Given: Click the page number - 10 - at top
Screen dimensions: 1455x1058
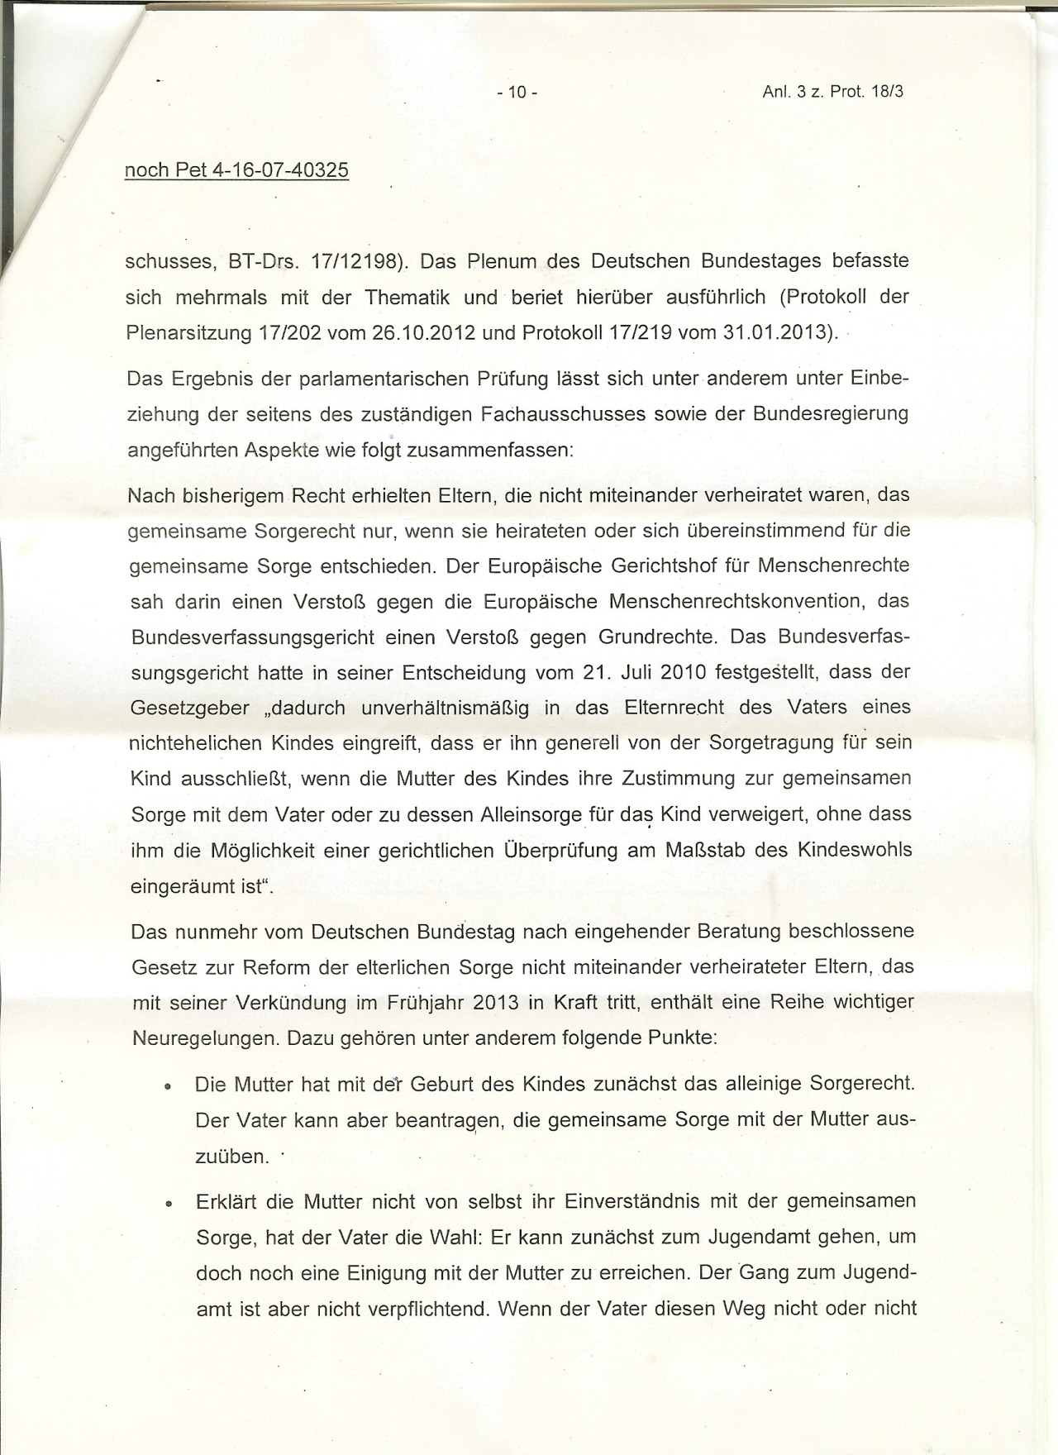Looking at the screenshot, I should tap(517, 93).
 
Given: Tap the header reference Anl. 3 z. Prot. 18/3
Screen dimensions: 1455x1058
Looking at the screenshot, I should tap(832, 92).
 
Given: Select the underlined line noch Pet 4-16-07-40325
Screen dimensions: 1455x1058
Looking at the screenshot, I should tap(236, 170).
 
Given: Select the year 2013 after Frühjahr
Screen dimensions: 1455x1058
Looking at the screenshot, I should tap(496, 1003).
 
